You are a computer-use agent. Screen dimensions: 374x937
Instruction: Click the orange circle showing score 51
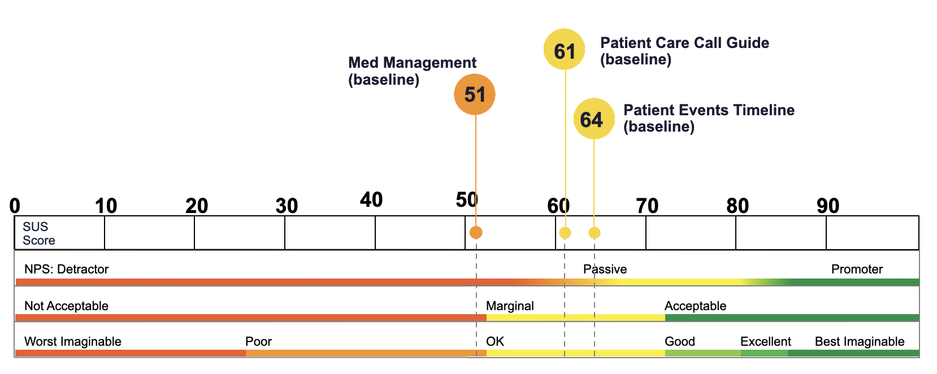pos(475,94)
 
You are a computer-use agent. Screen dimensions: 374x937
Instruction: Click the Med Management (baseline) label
pos(412,71)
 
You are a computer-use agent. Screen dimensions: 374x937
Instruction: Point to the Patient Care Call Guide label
pos(684,51)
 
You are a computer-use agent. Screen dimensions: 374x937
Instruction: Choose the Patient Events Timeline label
pos(709,118)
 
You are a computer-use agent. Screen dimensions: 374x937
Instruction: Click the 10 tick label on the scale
pos(106,206)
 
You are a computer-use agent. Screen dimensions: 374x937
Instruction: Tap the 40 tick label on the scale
pos(371,199)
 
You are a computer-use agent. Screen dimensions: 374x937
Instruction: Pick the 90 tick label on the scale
pos(828,206)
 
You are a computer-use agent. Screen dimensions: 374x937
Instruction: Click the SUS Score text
pos(38,233)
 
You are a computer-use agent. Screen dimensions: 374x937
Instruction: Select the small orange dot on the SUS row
pos(476,233)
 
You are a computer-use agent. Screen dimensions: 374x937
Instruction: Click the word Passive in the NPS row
pos(605,269)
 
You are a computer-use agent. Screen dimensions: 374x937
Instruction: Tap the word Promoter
pos(857,269)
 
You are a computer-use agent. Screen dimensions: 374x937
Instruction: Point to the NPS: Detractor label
pos(66,269)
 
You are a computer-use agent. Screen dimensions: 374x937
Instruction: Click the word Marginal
pos(510,306)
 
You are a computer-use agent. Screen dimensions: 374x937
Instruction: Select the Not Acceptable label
pos(66,306)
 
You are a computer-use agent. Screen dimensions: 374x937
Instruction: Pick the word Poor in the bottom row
pos(258,341)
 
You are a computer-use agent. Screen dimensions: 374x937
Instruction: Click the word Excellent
pos(765,341)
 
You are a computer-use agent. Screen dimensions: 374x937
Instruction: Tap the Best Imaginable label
pos(860,341)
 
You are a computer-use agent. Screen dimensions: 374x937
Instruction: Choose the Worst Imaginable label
pos(72,341)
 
